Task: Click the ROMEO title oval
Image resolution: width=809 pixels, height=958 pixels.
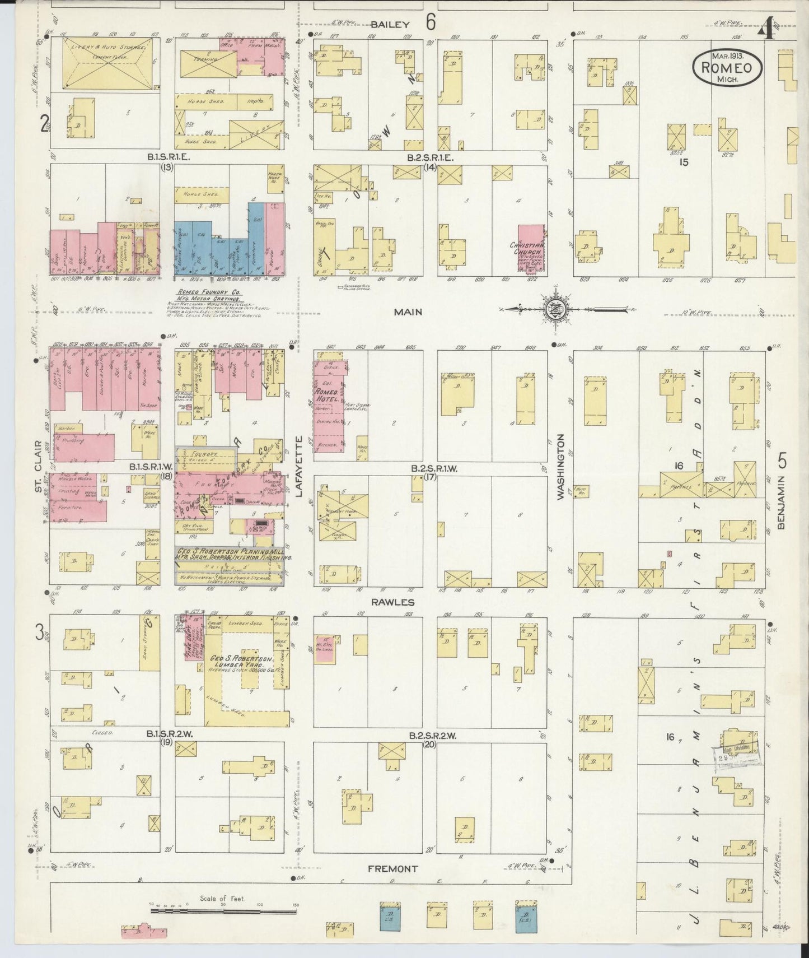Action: point(727,68)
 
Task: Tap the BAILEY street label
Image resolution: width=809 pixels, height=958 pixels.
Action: point(390,25)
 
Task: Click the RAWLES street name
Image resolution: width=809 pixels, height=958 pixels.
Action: point(400,602)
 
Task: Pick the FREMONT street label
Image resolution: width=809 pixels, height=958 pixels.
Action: point(392,869)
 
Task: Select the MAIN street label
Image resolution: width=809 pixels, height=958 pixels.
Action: point(408,312)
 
